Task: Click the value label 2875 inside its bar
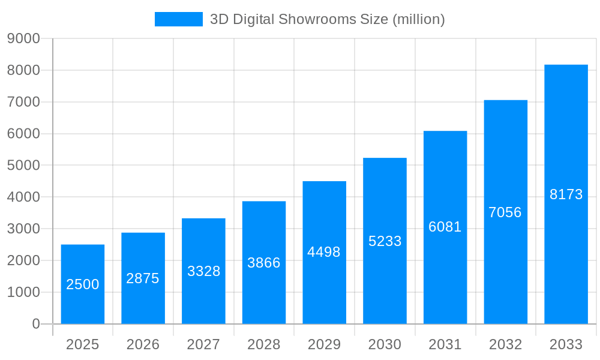click(143, 278)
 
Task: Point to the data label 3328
click(204, 271)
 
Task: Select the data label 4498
click(324, 252)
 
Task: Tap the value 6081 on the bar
click(445, 227)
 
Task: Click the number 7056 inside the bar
click(505, 212)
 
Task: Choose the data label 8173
click(566, 194)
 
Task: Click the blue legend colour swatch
click(178, 19)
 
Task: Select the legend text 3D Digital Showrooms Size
click(327, 19)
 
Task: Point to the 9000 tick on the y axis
click(23, 38)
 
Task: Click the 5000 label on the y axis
click(23, 165)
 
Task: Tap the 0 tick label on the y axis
click(35, 324)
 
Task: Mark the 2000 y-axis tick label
click(23, 260)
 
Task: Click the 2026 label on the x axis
click(143, 344)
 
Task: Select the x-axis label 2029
click(324, 344)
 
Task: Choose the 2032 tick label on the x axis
click(505, 344)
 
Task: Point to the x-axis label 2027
click(203, 344)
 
